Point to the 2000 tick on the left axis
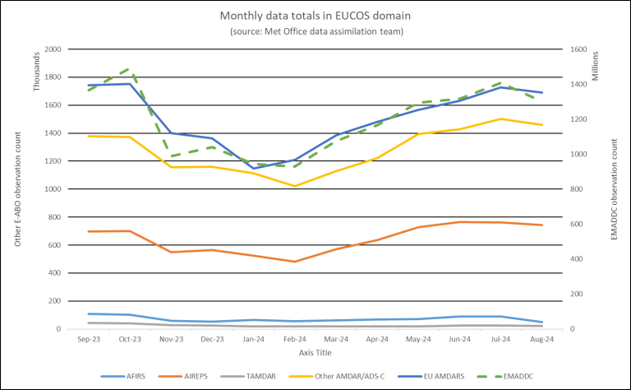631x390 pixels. (x=52, y=49)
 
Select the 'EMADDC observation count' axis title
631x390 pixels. (x=615, y=189)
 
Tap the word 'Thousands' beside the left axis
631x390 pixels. (x=36, y=74)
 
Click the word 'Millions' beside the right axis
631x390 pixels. (x=595, y=70)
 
